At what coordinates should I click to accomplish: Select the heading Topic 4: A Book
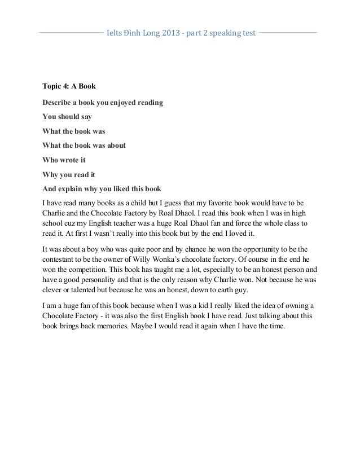pos(70,87)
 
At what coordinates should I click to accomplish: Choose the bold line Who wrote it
pos(64,160)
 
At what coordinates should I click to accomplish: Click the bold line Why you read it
pos(69,174)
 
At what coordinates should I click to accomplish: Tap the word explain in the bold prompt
pos(77,189)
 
